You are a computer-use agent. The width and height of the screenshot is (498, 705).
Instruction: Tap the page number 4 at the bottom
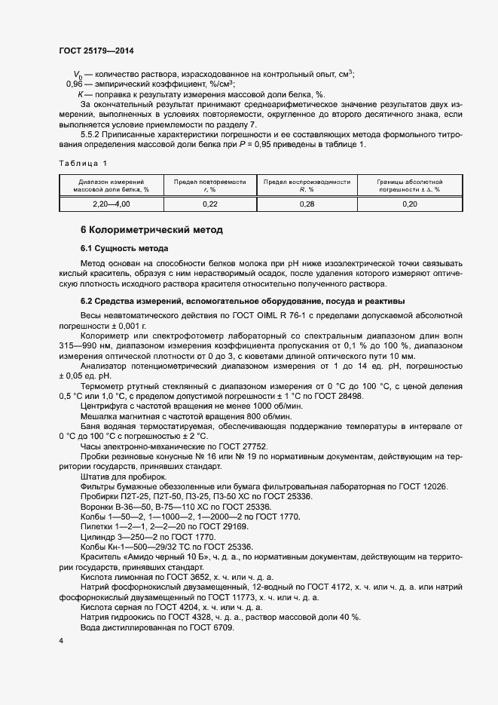coord(61,641)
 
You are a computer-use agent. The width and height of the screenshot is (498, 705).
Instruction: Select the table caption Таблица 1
coord(83,163)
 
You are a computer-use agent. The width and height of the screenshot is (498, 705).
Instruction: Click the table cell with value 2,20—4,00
coord(111,204)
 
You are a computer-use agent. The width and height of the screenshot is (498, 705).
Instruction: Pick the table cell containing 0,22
coord(209,204)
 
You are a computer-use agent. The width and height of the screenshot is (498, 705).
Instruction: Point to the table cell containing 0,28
coord(306,204)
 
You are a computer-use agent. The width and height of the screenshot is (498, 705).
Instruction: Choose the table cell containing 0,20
coord(410,204)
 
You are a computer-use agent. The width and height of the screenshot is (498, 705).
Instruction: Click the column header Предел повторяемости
coord(209,185)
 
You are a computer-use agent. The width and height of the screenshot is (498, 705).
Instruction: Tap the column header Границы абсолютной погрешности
coord(410,185)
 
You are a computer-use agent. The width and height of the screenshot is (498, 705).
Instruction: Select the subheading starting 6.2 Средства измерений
coord(243,301)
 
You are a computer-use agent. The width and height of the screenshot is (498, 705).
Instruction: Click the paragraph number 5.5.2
coord(91,133)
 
